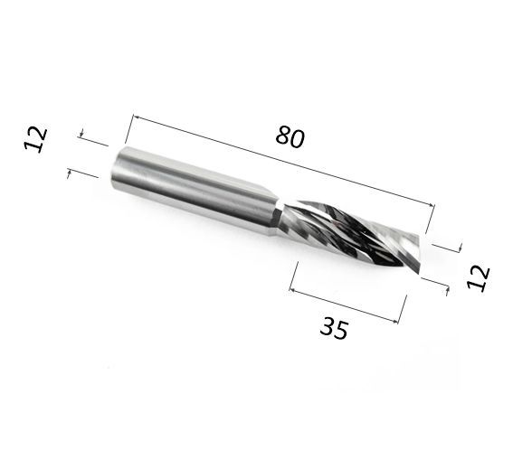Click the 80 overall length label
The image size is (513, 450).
pyautogui.click(x=290, y=137)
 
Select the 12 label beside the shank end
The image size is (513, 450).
pyautogui.click(x=36, y=138)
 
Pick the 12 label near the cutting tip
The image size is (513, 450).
pyautogui.click(x=479, y=277)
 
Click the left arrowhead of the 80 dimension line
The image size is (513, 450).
pyautogui.click(x=136, y=117)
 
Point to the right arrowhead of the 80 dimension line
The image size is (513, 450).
pyautogui.click(x=432, y=204)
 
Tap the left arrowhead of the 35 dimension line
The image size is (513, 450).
pyautogui.click(x=293, y=290)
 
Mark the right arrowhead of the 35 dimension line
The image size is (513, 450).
pyautogui.click(x=395, y=322)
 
